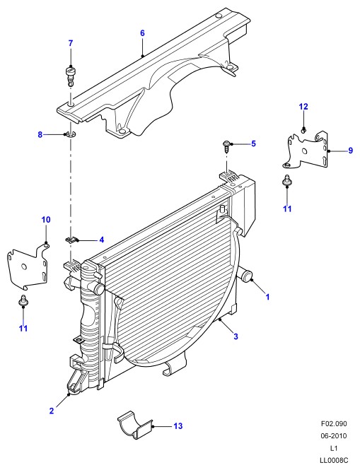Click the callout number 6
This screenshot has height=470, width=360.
tap(142, 33)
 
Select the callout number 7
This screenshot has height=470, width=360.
tap(71, 43)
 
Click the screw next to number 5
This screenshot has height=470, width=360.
tap(226, 146)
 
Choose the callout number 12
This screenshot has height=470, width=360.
tap(303, 107)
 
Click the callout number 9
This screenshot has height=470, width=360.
tap(350, 151)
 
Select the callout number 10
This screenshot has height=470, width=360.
tap(45, 220)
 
